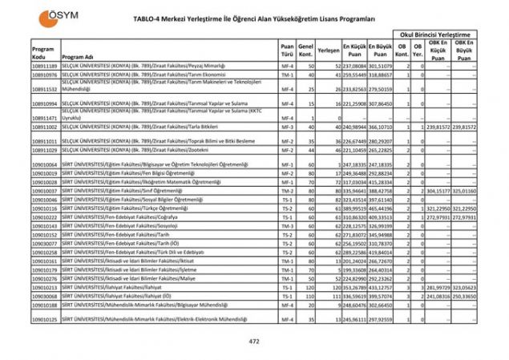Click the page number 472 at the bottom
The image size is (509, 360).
[254, 342]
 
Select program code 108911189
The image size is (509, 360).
[45, 66]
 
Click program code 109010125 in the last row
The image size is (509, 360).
[45, 319]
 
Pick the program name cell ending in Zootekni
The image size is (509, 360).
[120, 150]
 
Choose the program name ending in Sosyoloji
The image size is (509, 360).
[117, 227]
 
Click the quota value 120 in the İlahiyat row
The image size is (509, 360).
[306, 286]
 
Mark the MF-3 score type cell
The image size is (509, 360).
[286, 127]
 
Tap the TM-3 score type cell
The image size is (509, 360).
[286, 227]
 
